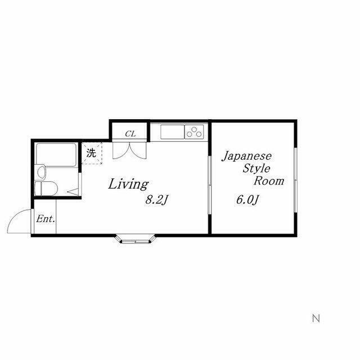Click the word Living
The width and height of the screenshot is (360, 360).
[128, 184]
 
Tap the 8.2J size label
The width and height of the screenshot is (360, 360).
[157, 200]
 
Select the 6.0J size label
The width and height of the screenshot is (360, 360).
[248, 200]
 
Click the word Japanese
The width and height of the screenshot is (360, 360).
[246, 157]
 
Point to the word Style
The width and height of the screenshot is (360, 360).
[256, 169]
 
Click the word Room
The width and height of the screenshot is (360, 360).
[269, 181]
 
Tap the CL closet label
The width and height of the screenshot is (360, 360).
[130, 134]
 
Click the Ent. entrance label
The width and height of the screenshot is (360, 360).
[46, 219]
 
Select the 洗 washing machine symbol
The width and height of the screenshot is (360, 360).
[92, 153]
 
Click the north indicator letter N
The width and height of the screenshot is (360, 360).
[316, 318]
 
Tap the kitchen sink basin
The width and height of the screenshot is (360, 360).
[173, 132]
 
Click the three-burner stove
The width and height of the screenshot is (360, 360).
[194, 132]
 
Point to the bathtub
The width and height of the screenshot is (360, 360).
[56, 155]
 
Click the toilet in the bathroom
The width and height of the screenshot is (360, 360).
[46, 188]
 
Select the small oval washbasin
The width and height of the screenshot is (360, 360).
[41, 172]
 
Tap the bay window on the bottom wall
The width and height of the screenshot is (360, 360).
[136, 239]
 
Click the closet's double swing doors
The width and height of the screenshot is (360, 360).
[129, 150]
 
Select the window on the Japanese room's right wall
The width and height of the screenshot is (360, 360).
[296, 180]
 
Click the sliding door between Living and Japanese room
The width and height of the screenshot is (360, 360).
[209, 185]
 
